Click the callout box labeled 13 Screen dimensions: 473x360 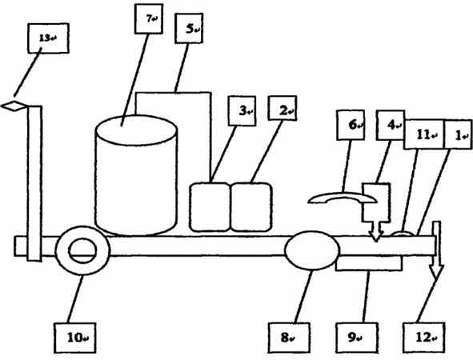(48, 38)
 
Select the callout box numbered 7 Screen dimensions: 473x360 (149, 18)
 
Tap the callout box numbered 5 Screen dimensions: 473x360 (189, 28)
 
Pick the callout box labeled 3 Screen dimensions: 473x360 (243, 110)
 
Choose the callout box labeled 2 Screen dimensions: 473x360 (283, 108)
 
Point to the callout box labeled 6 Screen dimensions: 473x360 (351, 125)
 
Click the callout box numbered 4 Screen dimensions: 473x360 (391, 125)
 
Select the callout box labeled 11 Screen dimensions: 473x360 (424, 134)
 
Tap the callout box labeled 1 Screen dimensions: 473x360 (459, 134)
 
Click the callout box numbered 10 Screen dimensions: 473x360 (75, 338)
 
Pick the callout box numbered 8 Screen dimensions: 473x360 (289, 338)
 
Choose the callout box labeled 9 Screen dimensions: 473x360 (357, 338)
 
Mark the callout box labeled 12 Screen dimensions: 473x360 (424, 338)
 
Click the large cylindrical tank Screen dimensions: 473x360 (136, 175)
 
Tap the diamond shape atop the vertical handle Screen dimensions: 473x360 (14, 106)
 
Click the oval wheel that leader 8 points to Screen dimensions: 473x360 (312, 250)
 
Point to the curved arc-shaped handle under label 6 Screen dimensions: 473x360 (342, 195)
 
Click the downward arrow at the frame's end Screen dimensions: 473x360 (437, 250)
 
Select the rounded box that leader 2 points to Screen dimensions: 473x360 (251, 207)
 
